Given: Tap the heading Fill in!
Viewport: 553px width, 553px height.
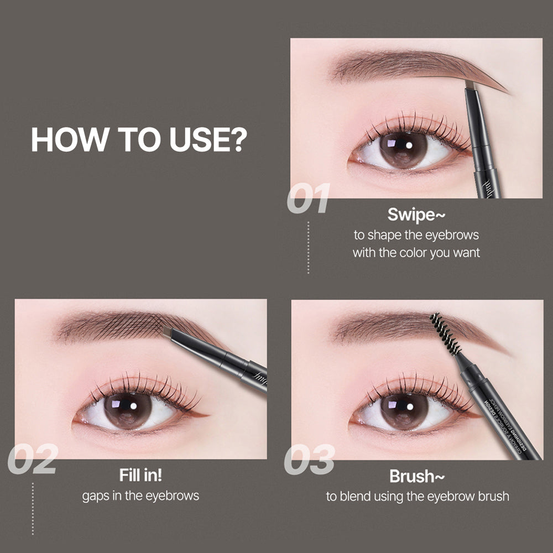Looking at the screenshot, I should click(140, 475).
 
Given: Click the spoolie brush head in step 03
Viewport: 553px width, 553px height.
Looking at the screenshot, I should click(445, 333).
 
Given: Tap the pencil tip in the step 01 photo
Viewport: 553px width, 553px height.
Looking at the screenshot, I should click(471, 85).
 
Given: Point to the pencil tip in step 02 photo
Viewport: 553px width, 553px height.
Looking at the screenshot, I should click(168, 332).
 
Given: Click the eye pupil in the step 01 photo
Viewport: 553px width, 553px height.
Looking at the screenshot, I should click(403, 149).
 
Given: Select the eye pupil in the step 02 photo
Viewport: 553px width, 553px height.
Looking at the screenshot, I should click(128, 410).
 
